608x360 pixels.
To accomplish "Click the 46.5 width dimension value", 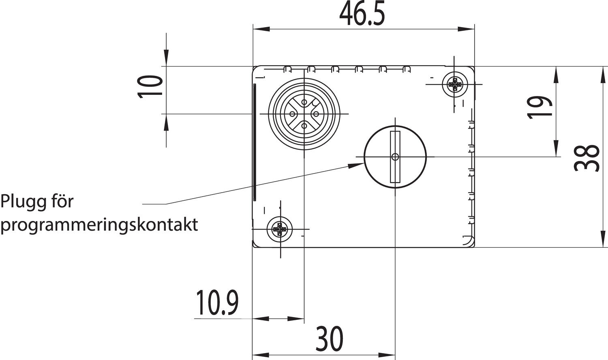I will [x=362, y=15].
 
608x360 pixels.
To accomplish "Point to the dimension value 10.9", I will [x=217, y=303].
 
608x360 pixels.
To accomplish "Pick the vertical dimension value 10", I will [x=151, y=86].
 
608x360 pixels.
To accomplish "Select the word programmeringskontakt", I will [x=99, y=224].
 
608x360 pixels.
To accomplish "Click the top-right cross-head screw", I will [x=454, y=84].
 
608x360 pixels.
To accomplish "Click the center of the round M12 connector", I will [x=304, y=114].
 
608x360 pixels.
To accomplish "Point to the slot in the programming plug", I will [x=395, y=156].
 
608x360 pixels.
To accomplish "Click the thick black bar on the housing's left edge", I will [x=255, y=142].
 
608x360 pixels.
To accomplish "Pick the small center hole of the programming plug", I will [x=395, y=156].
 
